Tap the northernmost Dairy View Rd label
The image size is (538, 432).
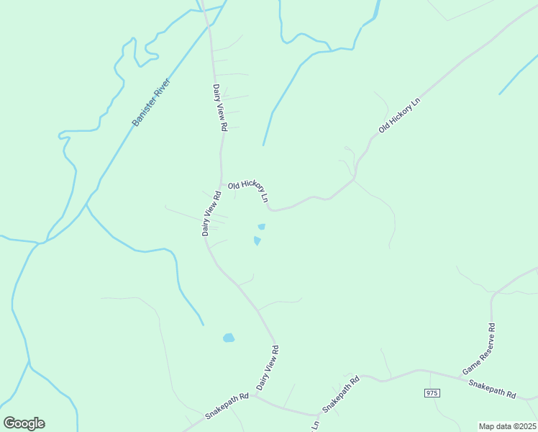(x=220, y=107)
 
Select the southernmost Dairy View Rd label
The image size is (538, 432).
(x=268, y=368)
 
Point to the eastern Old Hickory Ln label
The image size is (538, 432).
(x=399, y=116)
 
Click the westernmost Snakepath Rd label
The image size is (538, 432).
(x=227, y=405)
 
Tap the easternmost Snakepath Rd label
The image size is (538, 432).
(x=493, y=390)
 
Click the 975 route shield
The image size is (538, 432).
(x=432, y=392)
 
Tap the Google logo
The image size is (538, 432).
(x=24, y=423)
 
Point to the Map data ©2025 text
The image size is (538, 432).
(x=507, y=426)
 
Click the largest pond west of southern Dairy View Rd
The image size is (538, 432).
(x=229, y=337)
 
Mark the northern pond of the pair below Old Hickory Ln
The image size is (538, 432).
(x=261, y=227)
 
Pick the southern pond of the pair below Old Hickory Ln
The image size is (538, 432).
(x=257, y=240)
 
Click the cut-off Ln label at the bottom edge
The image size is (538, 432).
(x=315, y=426)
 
